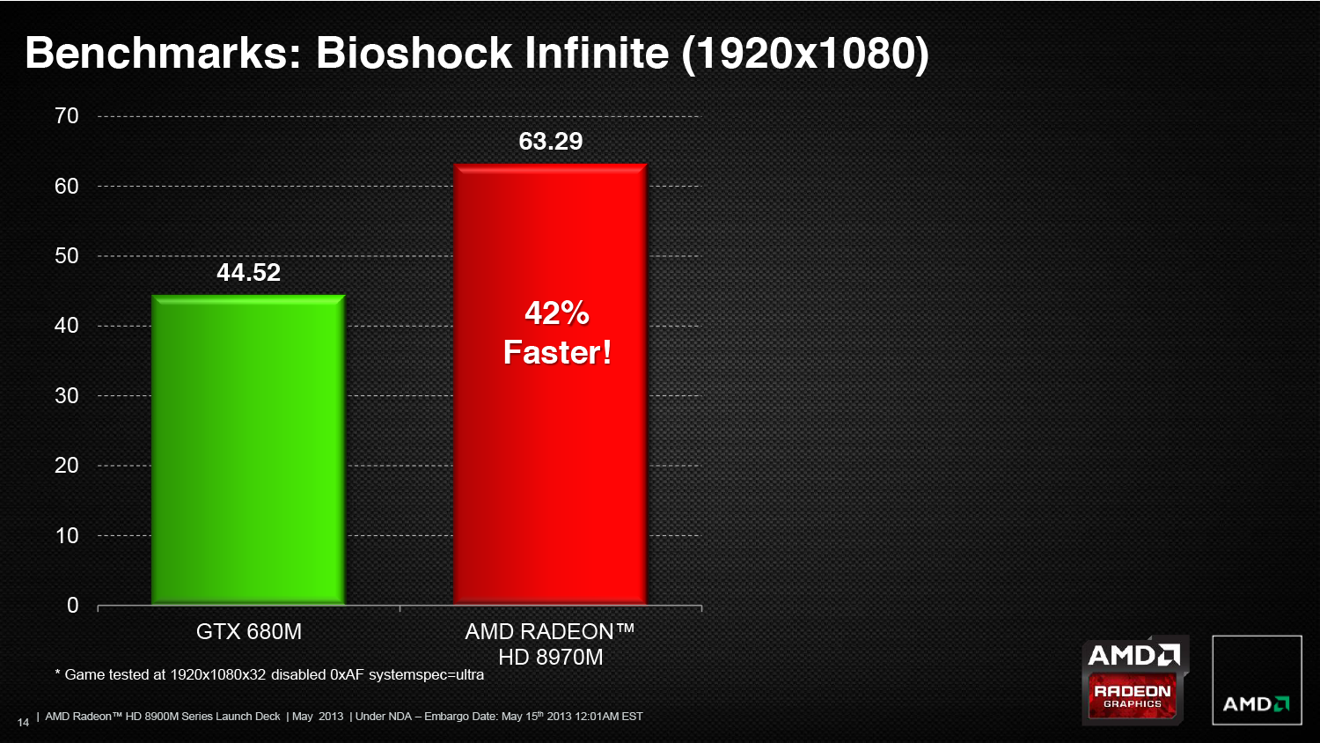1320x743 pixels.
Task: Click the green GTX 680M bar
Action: (248, 449)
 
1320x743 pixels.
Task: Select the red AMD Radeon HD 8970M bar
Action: (550, 384)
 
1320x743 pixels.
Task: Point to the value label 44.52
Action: (249, 272)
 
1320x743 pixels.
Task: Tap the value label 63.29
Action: (550, 141)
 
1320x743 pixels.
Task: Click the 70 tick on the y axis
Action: (67, 116)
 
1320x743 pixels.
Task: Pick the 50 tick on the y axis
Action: (67, 256)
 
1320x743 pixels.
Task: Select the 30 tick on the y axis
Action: (67, 395)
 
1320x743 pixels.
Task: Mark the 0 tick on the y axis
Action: (72, 605)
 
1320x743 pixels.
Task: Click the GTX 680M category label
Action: (249, 631)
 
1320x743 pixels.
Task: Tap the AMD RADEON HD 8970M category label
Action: (550, 644)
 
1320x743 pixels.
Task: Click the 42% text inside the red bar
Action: (557, 313)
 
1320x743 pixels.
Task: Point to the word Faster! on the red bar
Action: (557, 353)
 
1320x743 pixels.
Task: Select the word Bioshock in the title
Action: (414, 53)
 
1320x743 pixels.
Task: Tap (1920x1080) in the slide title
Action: (805, 55)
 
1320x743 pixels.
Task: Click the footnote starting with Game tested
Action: (269, 674)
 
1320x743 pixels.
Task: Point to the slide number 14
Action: (23, 723)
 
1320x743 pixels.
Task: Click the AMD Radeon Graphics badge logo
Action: (1134, 680)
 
